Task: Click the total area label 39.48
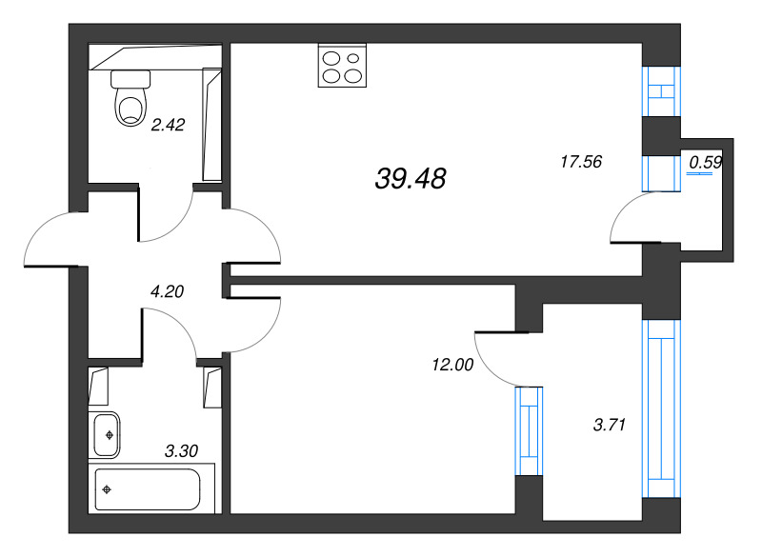coord(411,178)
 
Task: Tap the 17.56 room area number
coord(581,161)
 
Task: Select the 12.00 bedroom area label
coord(452,365)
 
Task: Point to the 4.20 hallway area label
coord(168,291)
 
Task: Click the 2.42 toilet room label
coord(169,125)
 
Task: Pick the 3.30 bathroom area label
coord(181,451)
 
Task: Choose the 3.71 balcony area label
coord(610,425)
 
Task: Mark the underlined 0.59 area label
coord(706,163)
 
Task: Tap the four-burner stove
coord(342,66)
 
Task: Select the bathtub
coord(148,489)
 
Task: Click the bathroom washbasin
coord(107,434)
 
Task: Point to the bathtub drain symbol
coord(107,489)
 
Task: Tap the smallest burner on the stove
coord(353,58)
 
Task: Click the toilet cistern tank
coord(130,79)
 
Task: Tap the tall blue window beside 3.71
coord(661,408)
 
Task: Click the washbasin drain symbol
coord(110,435)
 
